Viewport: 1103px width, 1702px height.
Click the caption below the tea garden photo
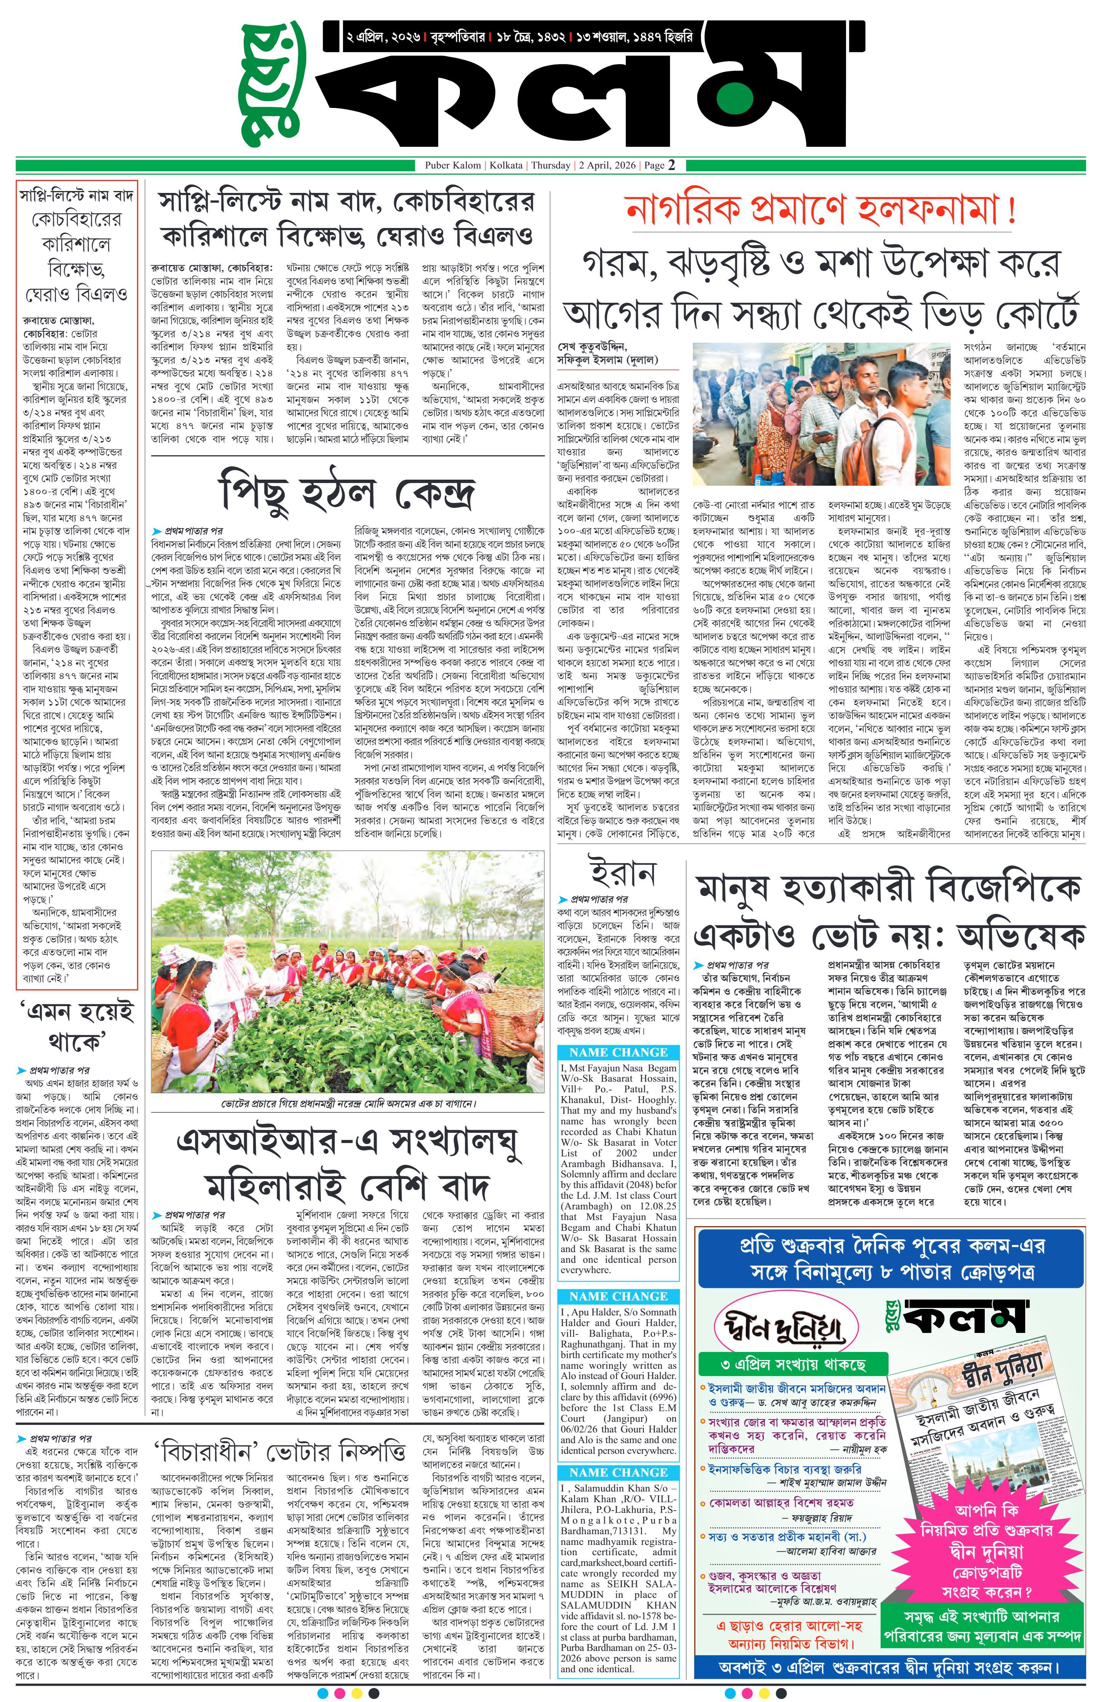[x=348, y=1103]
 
